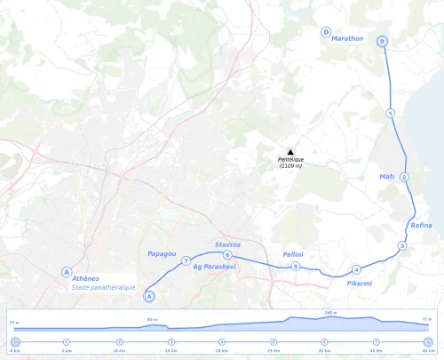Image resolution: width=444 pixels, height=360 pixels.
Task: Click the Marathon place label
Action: point(347,39)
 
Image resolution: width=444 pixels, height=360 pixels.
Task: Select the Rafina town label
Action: point(421,226)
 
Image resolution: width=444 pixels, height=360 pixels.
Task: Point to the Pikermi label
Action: point(359,283)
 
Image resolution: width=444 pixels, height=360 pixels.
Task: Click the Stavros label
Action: point(228,244)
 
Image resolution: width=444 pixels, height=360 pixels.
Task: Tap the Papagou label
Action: point(161,255)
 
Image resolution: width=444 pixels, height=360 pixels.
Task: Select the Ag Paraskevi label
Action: point(214,266)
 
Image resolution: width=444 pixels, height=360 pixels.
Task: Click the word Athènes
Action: point(86,278)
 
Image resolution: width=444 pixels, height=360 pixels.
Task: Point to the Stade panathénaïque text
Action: point(101,287)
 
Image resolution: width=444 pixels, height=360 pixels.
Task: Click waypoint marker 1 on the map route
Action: point(390,113)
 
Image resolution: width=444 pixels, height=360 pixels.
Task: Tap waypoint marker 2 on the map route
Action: point(404,178)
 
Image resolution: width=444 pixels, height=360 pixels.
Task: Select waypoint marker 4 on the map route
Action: point(355,270)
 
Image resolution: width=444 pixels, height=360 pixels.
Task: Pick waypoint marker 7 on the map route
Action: point(186,261)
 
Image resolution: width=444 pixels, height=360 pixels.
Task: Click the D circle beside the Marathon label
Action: point(326,31)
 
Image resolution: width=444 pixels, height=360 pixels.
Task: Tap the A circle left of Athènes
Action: point(66,271)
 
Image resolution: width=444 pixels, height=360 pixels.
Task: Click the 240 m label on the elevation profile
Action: point(329,313)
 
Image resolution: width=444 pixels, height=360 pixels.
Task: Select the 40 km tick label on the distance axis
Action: point(428,351)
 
